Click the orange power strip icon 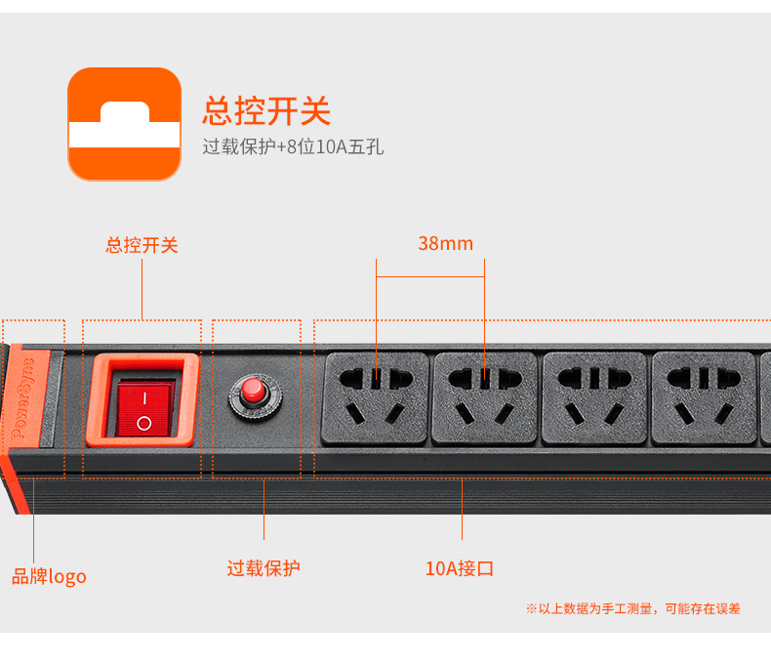click(x=124, y=124)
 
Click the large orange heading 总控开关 click(x=266, y=111)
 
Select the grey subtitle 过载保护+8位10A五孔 click(x=293, y=146)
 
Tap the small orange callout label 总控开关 click(x=142, y=245)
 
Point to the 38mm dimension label click(x=445, y=243)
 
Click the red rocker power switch click(x=145, y=409)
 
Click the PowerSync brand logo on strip click(x=23, y=397)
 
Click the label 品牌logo click(x=49, y=577)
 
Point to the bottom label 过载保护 click(x=264, y=568)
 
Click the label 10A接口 click(x=460, y=568)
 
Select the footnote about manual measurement click(x=633, y=609)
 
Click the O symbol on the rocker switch click(x=144, y=423)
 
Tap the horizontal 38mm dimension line click(x=430, y=276)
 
